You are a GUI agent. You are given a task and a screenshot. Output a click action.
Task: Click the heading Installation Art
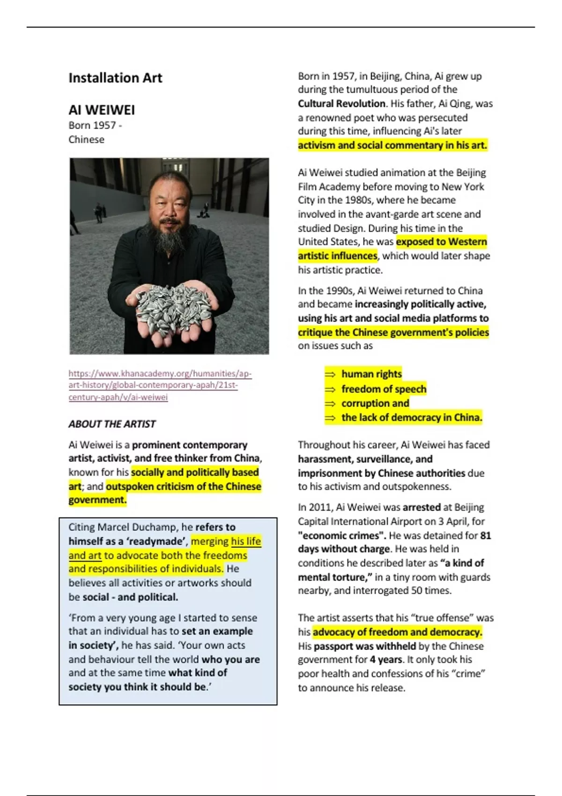[115, 78]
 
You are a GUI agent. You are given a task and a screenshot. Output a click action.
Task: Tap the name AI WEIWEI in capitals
[102, 110]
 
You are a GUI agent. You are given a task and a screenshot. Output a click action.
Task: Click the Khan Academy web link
[160, 385]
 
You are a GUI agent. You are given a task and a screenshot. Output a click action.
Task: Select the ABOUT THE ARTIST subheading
[112, 424]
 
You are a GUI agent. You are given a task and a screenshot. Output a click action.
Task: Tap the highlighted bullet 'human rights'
[371, 374]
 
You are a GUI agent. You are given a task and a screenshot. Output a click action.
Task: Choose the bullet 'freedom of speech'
[384, 389]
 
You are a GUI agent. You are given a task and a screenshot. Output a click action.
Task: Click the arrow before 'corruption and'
[330, 404]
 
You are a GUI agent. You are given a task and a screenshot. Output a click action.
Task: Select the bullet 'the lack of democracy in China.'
[411, 417]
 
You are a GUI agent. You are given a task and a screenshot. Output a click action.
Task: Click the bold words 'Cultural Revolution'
[342, 103]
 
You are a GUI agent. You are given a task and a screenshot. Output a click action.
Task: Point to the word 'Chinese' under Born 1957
[86, 140]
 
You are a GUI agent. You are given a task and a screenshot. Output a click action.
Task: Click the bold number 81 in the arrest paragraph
[485, 535]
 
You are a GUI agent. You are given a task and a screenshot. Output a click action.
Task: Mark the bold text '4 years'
[386, 660]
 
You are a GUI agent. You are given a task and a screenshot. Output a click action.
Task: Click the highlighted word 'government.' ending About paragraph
[97, 500]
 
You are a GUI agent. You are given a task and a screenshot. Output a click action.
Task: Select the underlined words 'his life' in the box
[246, 541]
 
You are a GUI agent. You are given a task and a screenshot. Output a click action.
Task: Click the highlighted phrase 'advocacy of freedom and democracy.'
[397, 632]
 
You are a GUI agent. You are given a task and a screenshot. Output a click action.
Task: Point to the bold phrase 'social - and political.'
[130, 597]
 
